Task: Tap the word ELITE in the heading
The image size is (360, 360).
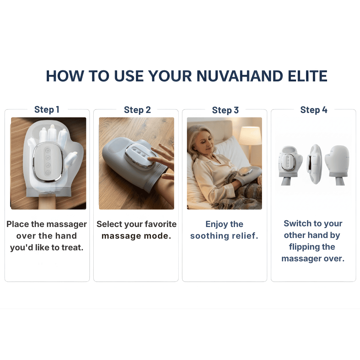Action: click(x=311, y=76)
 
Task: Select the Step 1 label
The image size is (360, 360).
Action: click(x=47, y=110)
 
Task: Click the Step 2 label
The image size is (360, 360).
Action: click(x=137, y=110)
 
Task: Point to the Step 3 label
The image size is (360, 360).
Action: click(x=225, y=110)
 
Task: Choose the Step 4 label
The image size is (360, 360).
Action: click(x=314, y=110)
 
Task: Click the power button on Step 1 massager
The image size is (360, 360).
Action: click(x=48, y=173)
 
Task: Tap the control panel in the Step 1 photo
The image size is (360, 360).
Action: click(x=48, y=162)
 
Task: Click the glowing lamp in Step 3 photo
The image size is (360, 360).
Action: click(x=250, y=135)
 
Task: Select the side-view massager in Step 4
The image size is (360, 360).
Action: click(x=313, y=164)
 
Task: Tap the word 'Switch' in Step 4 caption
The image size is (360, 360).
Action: click(x=298, y=223)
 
